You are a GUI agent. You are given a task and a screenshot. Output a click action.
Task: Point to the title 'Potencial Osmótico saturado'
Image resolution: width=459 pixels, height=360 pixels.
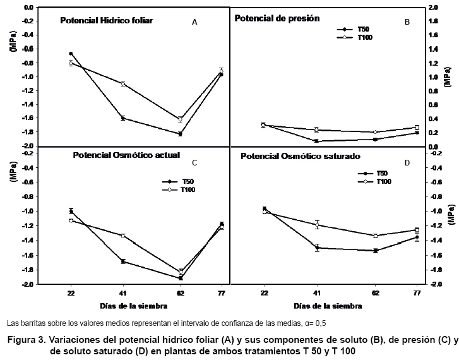pyautogui.click(x=297, y=155)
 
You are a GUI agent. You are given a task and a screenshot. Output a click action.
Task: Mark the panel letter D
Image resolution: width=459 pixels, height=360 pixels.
pyautogui.click(x=407, y=163)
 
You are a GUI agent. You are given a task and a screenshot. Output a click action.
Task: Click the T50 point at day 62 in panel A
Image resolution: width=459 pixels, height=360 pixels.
pyautogui.click(x=180, y=134)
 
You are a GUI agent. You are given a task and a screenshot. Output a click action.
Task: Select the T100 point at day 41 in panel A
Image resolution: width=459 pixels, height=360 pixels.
pyautogui.click(x=123, y=83)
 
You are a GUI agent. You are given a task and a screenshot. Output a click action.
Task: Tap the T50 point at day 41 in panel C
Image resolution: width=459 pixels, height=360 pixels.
pyautogui.click(x=123, y=261)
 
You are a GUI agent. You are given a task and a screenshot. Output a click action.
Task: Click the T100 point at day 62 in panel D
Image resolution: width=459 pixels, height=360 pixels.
pyautogui.click(x=376, y=236)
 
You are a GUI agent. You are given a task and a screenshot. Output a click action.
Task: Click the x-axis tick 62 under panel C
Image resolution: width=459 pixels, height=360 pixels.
pyautogui.click(x=180, y=294)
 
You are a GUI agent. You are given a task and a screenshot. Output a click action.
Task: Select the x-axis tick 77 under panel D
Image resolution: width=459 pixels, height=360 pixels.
pyautogui.click(x=417, y=294)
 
